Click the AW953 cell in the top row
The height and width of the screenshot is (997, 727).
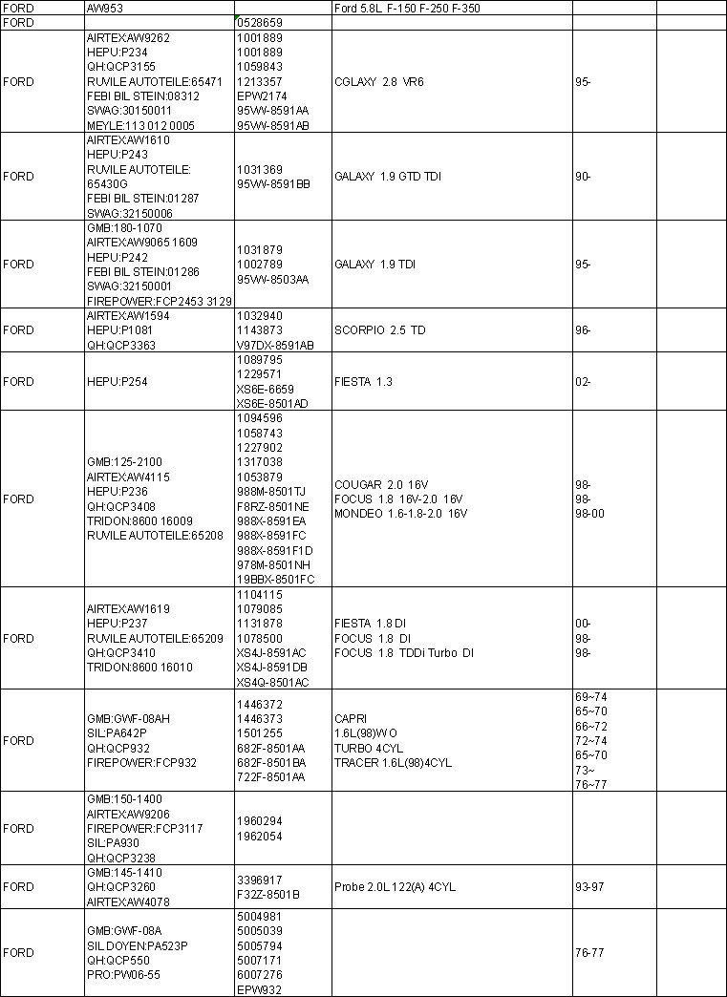click(104, 8)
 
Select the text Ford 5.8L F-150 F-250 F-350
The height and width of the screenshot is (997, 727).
click(407, 8)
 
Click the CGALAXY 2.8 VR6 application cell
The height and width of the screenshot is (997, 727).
click(379, 82)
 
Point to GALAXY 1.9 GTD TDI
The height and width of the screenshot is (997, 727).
click(388, 177)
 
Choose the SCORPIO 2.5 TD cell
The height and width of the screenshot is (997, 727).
click(380, 330)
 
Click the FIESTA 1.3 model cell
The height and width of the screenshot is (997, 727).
click(364, 382)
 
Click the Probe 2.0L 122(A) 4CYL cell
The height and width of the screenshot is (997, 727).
click(396, 887)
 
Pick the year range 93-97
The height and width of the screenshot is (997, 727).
click(589, 887)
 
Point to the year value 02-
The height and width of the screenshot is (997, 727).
click(583, 382)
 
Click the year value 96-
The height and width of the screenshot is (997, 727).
click(583, 330)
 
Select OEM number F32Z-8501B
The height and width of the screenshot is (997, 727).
click(268, 895)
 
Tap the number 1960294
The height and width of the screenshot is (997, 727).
click(259, 821)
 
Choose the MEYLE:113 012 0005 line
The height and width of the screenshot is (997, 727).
click(140, 125)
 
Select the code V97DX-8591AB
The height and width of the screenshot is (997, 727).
click(275, 345)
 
